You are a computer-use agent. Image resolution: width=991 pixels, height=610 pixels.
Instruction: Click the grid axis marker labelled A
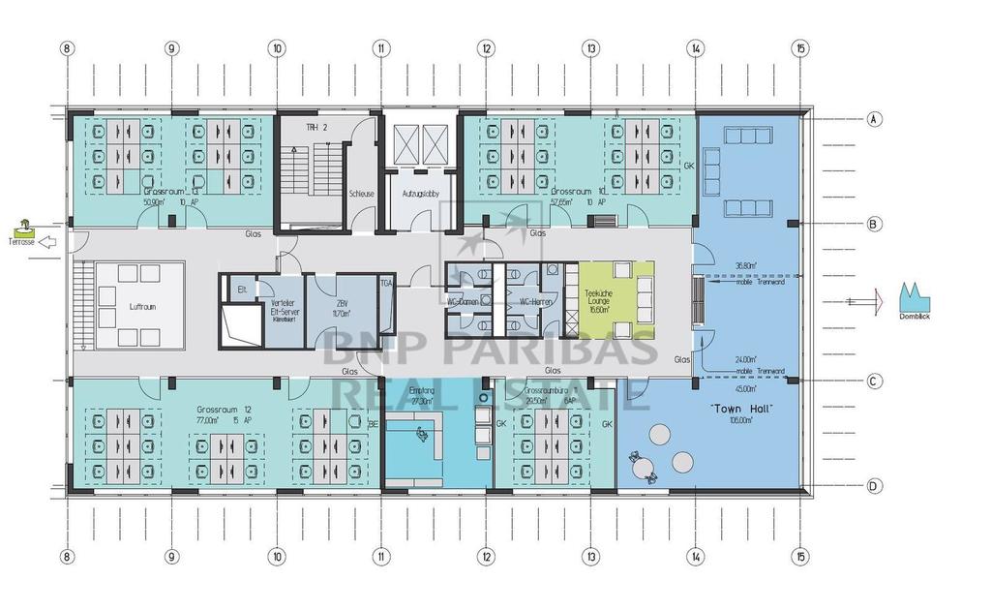874,119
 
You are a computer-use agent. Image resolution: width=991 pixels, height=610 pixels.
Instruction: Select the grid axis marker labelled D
874,486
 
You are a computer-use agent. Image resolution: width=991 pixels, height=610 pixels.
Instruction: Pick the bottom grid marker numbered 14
695,557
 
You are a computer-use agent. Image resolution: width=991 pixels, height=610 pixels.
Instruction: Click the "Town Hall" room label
742,410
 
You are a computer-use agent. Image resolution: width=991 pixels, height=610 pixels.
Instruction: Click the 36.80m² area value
745,265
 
